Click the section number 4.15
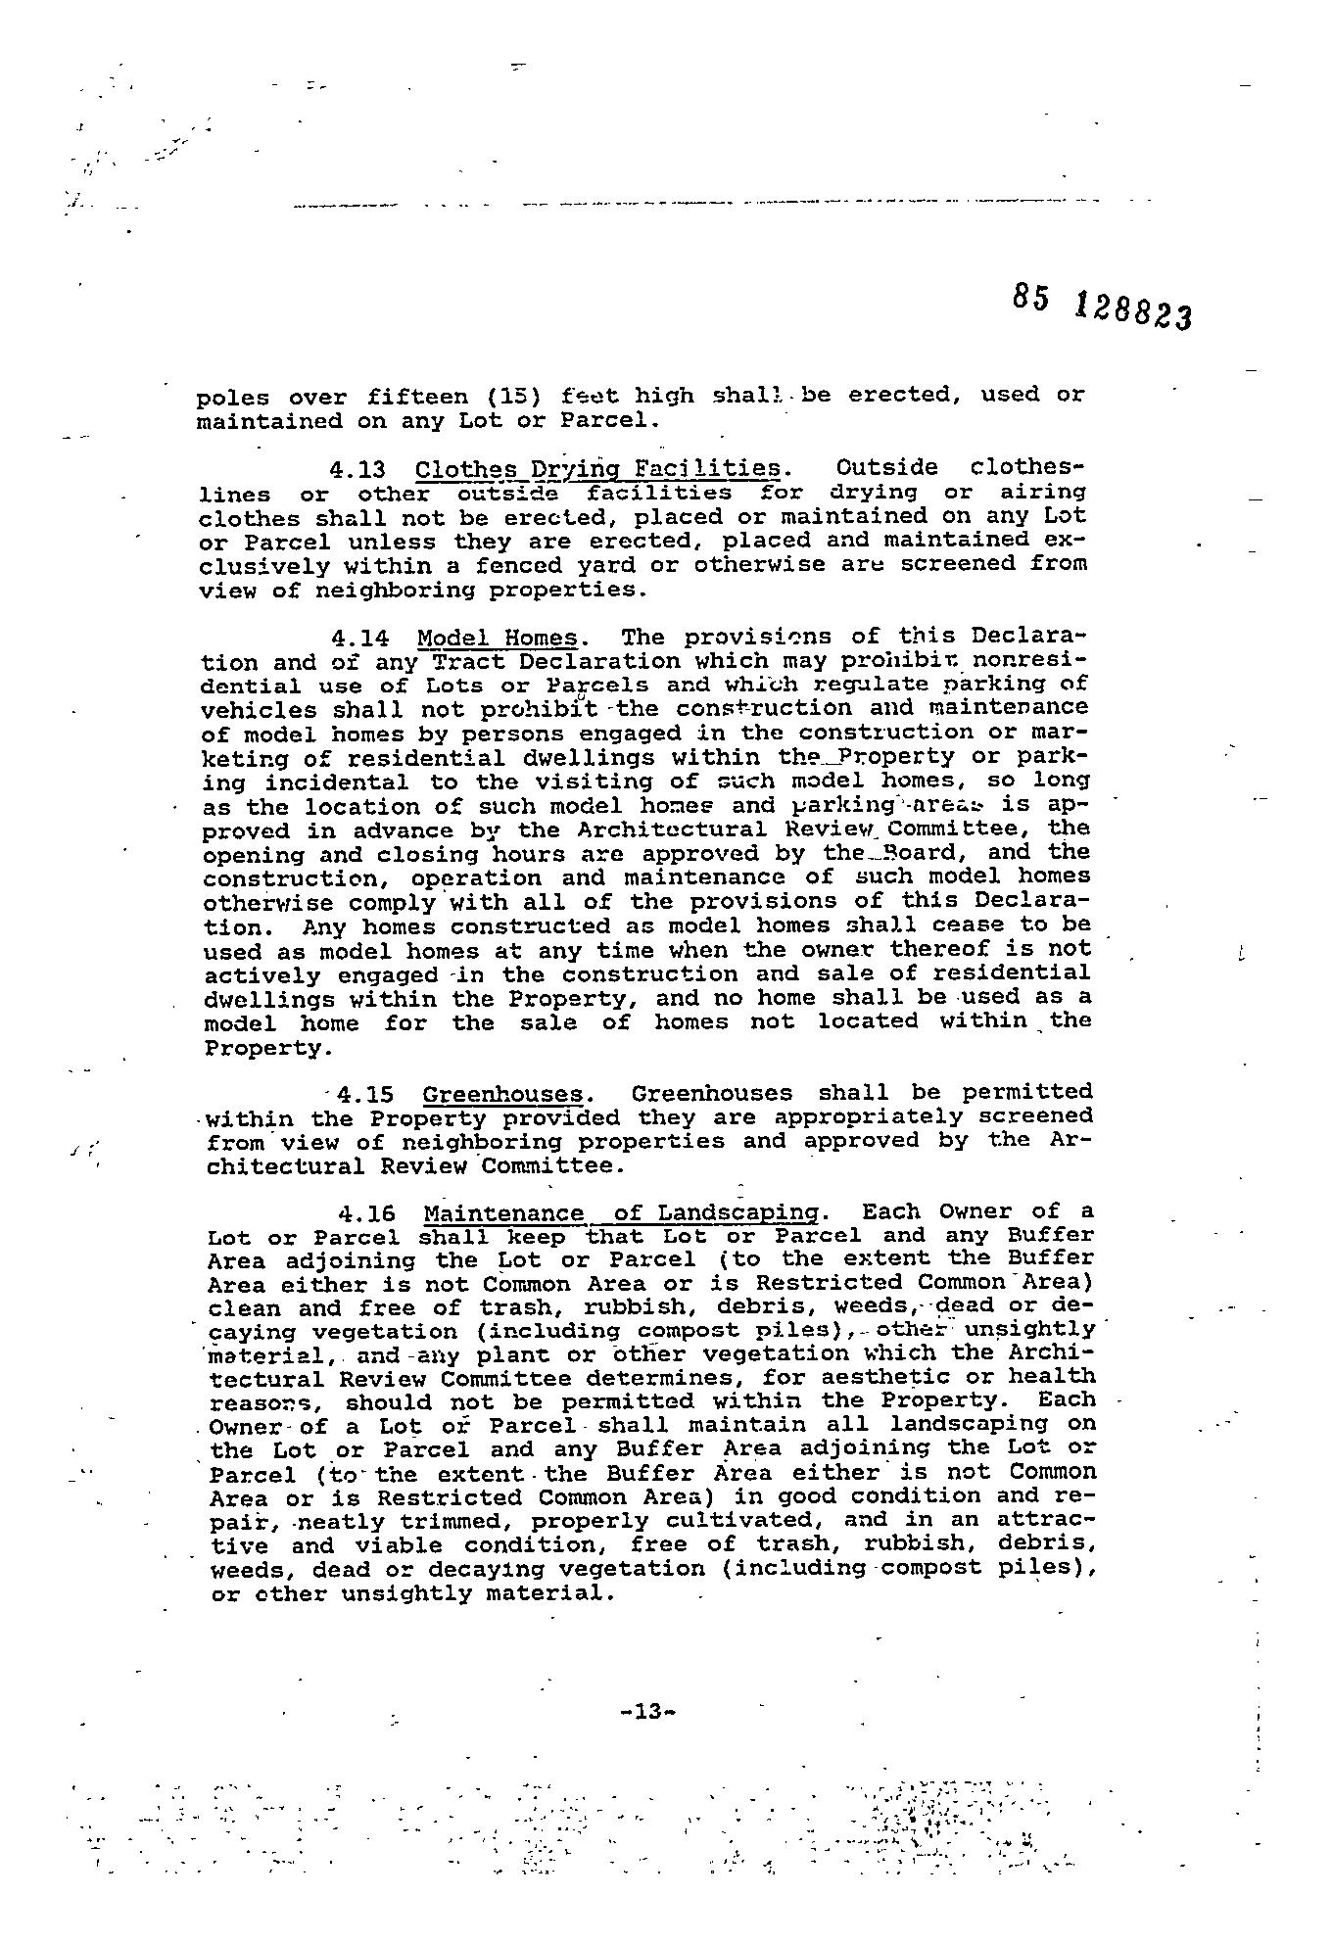tap(364, 1094)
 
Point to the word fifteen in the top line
tap(417, 397)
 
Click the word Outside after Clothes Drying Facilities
tap(886, 468)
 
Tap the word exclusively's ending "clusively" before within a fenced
tap(269, 566)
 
